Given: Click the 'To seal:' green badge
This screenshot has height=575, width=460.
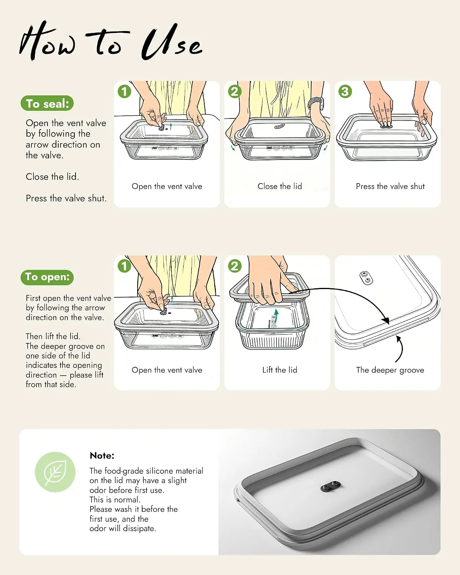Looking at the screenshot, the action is [47, 103].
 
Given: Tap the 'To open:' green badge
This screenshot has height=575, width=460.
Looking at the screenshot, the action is [47, 277].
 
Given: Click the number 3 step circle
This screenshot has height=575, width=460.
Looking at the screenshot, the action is [345, 91].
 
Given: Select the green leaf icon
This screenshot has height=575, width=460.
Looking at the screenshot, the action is [55, 472].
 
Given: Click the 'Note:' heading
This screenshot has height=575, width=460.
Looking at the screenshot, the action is [102, 455].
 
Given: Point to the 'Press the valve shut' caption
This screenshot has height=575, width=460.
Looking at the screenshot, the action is [390, 186].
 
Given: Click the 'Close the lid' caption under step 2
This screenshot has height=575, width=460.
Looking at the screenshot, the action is [279, 186].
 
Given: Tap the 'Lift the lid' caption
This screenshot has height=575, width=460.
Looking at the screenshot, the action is [279, 370].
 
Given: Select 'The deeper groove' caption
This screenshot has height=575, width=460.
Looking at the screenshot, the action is [390, 370].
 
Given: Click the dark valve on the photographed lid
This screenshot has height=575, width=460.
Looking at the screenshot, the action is [331, 486].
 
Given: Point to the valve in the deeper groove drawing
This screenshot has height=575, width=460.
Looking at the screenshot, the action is [366, 278].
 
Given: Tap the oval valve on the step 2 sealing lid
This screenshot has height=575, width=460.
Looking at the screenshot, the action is [279, 126].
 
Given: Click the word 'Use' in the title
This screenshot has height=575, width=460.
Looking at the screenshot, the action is [171, 43].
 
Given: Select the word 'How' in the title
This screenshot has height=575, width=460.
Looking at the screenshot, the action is [47, 41].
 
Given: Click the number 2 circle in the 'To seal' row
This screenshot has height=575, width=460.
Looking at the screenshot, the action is [235, 91].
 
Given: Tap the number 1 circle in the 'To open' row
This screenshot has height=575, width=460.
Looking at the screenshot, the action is [124, 266].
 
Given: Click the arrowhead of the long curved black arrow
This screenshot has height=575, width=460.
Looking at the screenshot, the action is [386, 320].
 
